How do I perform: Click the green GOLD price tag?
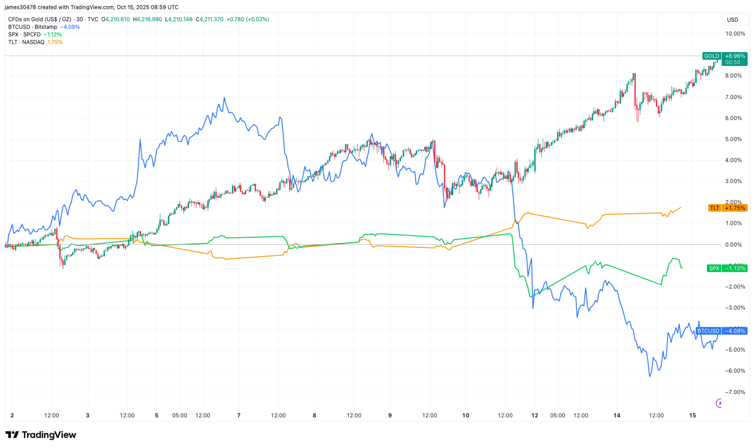point(711,56)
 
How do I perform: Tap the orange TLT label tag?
point(714,208)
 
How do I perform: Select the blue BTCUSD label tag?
point(708,331)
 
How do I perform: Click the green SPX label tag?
point(714,268)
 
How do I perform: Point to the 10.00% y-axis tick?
point(735,34)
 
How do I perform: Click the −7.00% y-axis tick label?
point(735,392)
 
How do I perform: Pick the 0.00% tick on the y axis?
point(735,244)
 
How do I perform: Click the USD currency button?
point(732,19)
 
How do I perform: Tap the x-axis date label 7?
point(239,415)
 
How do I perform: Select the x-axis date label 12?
point(534,415)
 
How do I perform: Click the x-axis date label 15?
point(692,415)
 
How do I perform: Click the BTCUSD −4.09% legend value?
point(70,27)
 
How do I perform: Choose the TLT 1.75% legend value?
point(55,42)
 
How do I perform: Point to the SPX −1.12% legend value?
point(53,34)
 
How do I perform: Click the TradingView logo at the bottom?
point(41,435)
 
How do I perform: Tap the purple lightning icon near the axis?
point(719,403)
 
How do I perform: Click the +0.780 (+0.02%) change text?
point(247,19)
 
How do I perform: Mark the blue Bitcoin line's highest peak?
point(224,98)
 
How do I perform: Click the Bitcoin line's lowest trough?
point(649,376)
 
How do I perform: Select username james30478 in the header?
point(20,7)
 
